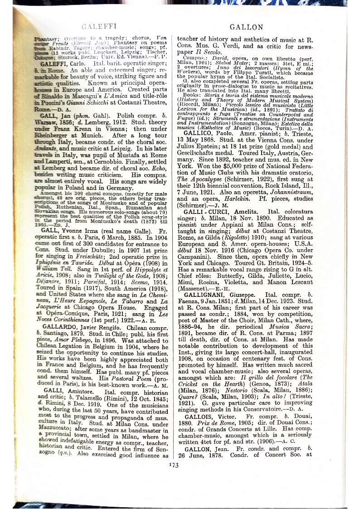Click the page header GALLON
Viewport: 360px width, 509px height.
246,27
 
